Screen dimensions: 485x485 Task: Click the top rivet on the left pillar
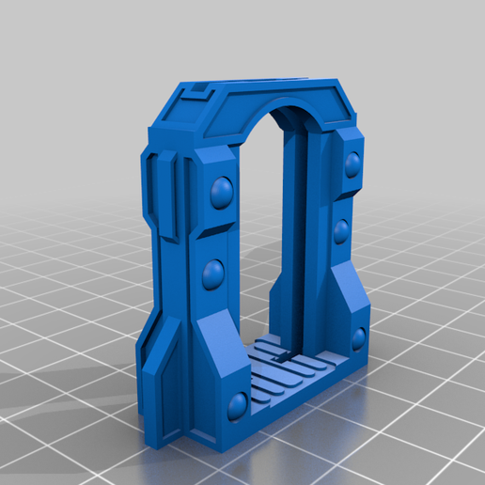pyautogui.click(x=223, y=194)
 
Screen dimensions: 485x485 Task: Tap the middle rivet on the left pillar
pyautogui.click(x=211, y=274)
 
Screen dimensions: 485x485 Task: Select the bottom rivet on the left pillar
pyautogui.click(x=238, y=405)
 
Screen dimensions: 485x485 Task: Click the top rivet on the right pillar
pyautogui.click(x=353, y=166)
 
